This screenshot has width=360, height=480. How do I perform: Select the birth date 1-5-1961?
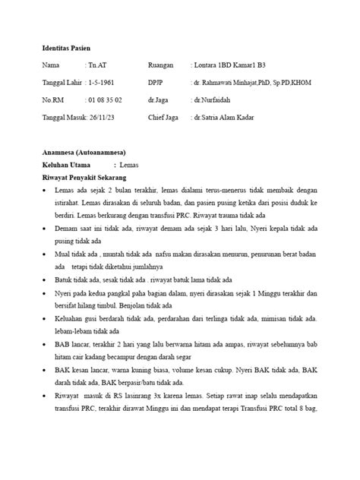[x=108, y=83]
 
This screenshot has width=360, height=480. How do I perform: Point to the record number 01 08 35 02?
[x=105, y=99]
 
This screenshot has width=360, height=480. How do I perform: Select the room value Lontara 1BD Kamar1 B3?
[x=235, y=65]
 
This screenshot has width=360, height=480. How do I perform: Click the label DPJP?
[x=156, y=83]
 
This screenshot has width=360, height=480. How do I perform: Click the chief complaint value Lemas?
[x=141, y=165]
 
